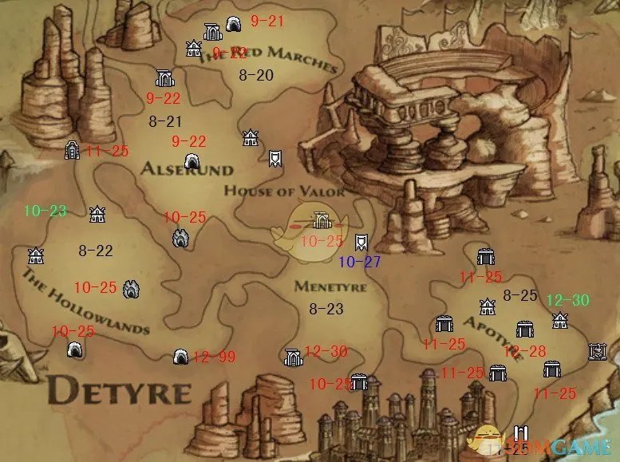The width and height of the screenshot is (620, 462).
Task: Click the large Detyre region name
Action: (x=120, y=392)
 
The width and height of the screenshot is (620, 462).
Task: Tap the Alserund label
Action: (x=187, y=169)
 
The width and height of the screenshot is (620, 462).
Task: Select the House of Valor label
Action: (x=284, y=192)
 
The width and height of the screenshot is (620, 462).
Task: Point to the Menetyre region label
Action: (x=330, y=286)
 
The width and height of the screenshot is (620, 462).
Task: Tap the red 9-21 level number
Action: (x=267, y=22)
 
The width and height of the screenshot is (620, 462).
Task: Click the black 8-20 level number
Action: (x=256, y=75)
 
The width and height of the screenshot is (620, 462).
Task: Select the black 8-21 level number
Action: (x=165, y=121)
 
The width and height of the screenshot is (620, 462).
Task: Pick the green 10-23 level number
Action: (x=45, y=211)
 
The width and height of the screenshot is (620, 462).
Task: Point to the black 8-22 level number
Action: (x=95, y=251)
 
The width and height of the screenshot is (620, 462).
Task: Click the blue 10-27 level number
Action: (x=360, y=262)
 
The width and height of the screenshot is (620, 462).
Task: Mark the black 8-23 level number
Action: (x=326, y=308)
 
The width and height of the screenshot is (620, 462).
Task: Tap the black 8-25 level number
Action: (x=520, y=295)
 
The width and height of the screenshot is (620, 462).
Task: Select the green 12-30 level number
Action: (x=567, y=300)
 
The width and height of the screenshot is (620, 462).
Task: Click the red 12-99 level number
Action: (x=214, y=357)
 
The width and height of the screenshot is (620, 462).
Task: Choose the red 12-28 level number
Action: (x=524, y=351)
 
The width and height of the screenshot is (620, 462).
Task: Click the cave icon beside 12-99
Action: (x=181, y=356)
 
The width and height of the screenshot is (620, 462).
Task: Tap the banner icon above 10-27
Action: (x=361, y=240)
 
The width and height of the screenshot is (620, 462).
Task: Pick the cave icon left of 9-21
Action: (x=234, y=24)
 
